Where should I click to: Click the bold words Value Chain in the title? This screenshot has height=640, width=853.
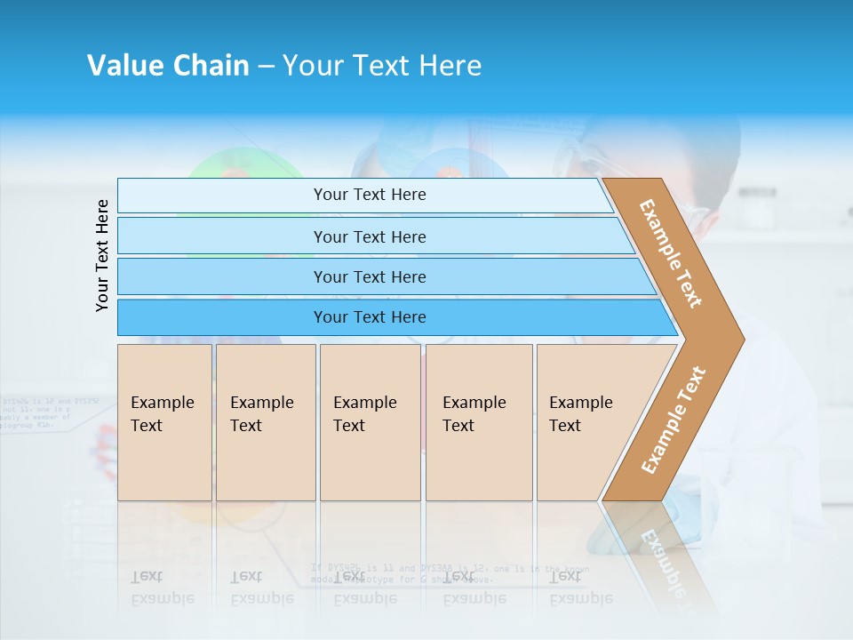point(168,66)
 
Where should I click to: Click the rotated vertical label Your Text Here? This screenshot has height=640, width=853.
point(102,255)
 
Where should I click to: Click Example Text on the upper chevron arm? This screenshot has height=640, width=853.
point(671,253)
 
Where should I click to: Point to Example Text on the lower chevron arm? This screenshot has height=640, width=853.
point(674,420)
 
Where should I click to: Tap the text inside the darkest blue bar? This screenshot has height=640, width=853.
point(370,317)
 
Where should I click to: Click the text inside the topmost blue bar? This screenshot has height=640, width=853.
point(370,195)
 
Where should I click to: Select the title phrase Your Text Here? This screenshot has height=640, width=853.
point(382,66)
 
